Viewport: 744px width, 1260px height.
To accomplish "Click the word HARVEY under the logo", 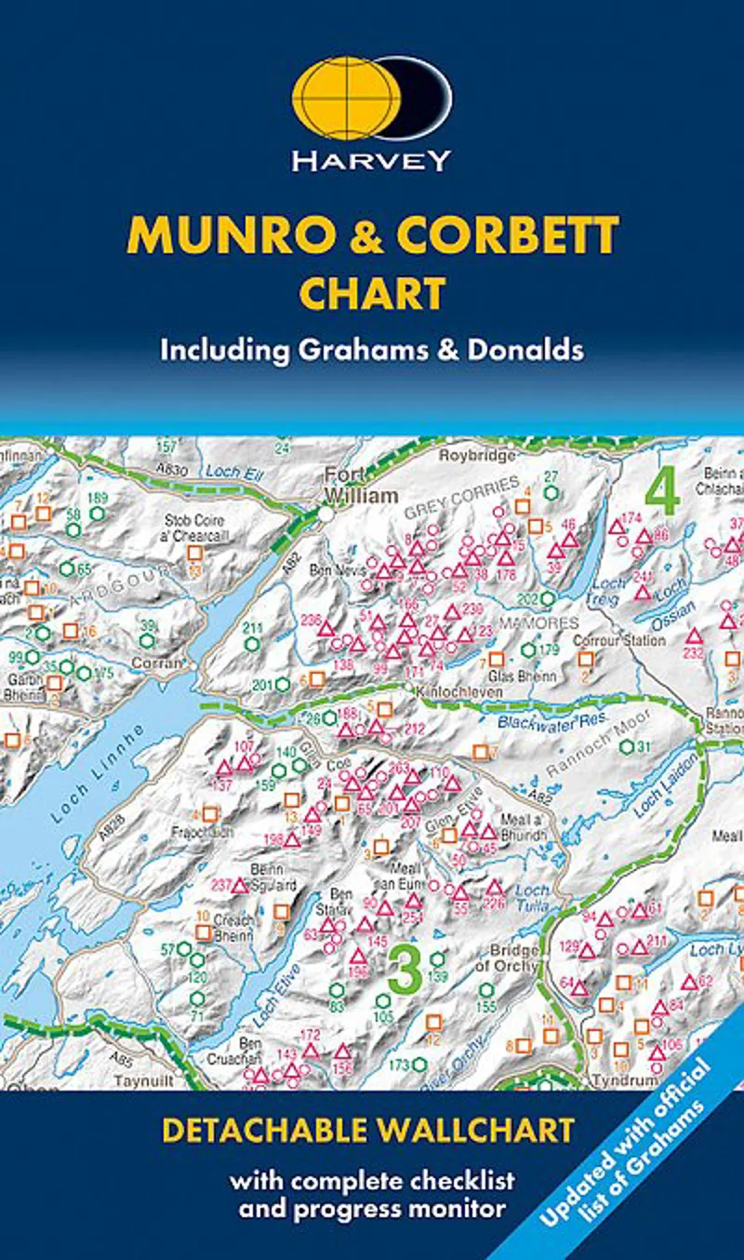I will (371, 161).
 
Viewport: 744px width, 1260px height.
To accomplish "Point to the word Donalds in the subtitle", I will (533, 350).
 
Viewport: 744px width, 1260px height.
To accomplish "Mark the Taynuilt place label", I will (138, 1081).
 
